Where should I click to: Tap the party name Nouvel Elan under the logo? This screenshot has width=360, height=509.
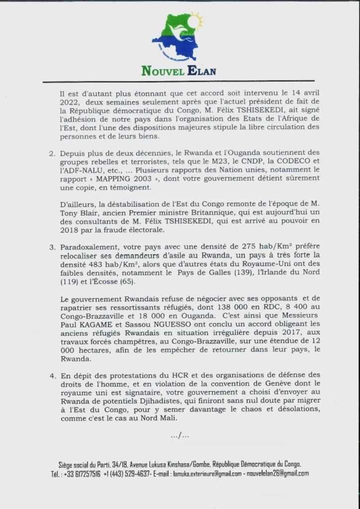[x=179, y=70]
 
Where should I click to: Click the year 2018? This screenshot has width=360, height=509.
[x=68, y=231]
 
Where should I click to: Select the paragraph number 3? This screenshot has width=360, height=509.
[x=52, y=247]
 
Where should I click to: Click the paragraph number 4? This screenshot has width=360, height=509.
[x=52, y=375]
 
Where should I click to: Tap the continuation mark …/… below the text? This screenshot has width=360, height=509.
[x=180, y=435]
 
